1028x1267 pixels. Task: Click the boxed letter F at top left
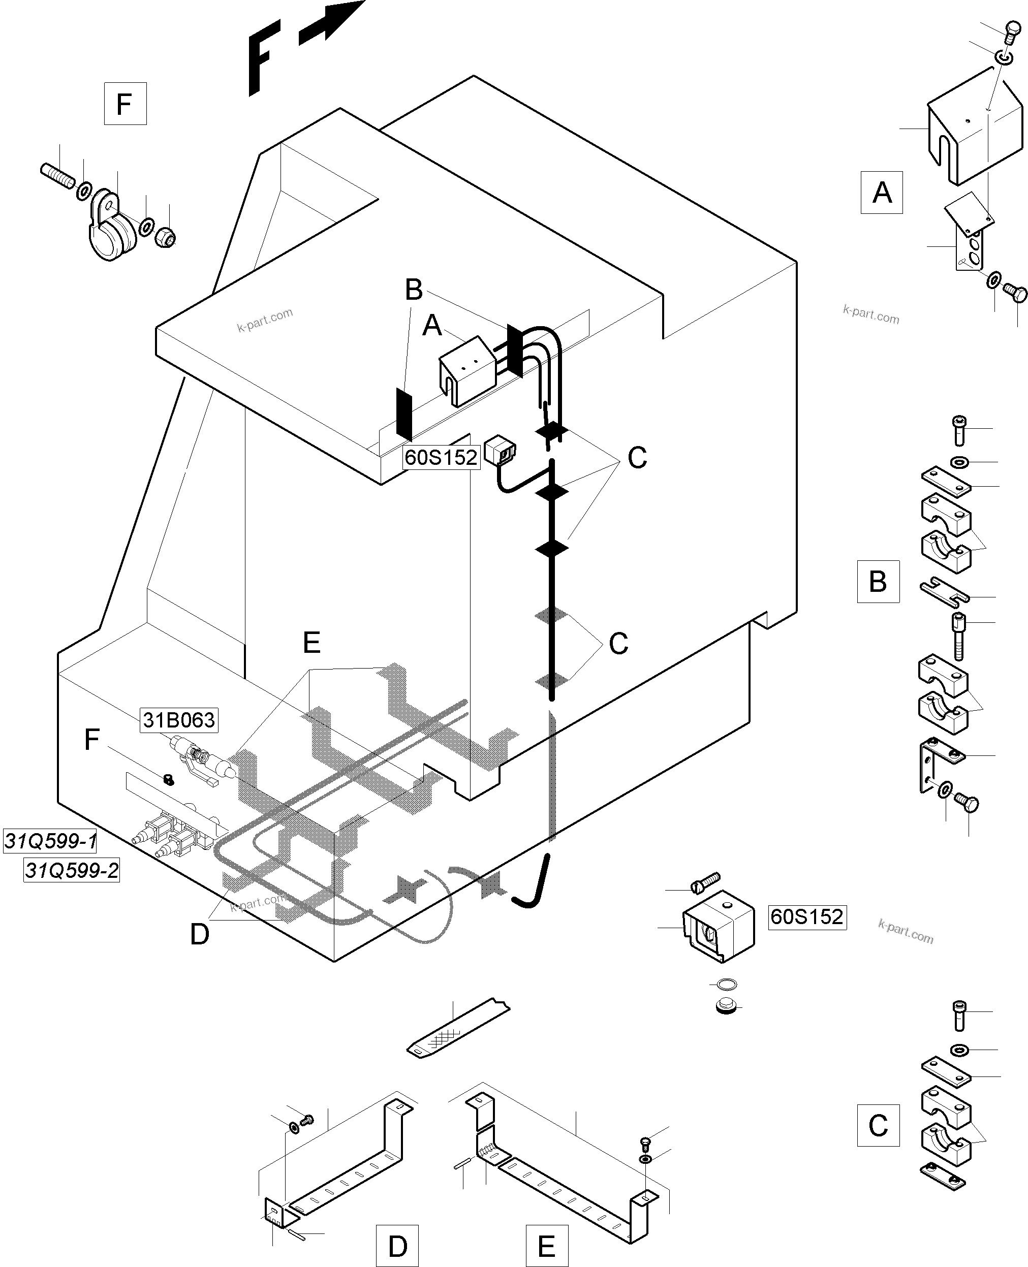[125, 104]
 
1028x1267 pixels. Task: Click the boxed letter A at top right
[881, 193]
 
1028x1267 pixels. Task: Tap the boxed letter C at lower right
[878, 1125]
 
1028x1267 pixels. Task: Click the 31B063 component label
[179, 720]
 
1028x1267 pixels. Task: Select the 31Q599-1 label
[50, 841]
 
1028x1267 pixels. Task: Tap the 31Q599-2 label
[72, 871]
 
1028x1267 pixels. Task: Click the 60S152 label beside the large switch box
[806, 916]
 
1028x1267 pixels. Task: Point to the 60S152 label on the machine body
[441, 457]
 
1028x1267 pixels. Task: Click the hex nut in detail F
[165, 238]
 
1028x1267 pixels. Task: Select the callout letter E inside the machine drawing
[311, 642]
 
